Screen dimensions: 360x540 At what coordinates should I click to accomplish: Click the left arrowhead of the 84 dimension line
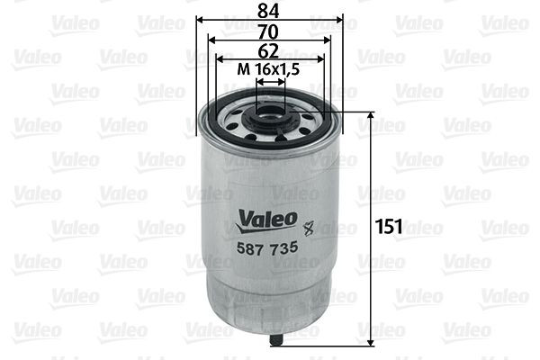coord(199,19)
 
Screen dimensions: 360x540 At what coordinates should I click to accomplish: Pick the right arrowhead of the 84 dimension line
coord(341,19)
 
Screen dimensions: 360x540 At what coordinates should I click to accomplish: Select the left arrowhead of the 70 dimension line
coord(211,40)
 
